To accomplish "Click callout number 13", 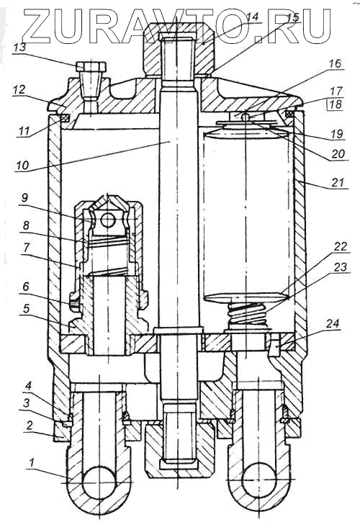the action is coord(19,47).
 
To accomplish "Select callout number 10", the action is coord(22,166).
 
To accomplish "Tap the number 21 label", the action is coord(338,182).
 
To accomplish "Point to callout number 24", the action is coord(333,324).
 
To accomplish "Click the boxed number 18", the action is coord(335,104).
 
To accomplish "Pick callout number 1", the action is coord(32,463).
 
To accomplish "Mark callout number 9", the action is coord(26,198).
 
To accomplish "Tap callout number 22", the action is coord(340,246).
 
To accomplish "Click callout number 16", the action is coord(335,63).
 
